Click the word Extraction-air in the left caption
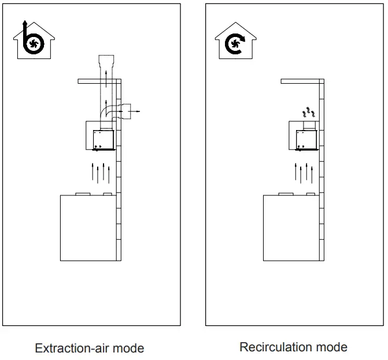click(x=68, y=348)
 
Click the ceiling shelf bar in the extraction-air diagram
click(x=98, y=81)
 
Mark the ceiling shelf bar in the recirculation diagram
click(x=300, y=81)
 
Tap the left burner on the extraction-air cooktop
click(x=83, y=194)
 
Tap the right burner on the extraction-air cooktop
click(x=107, y=194)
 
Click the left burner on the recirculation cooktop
click(x=285, y=194)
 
